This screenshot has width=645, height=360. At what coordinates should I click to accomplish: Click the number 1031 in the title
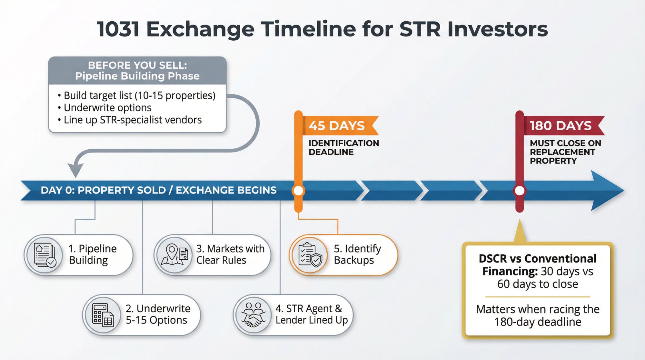coord(118,29)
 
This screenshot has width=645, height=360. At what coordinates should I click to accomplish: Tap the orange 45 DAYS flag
coord(337,125)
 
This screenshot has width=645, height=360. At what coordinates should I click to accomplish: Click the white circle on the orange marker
coord(298,191)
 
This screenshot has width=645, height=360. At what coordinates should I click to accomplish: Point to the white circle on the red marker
coord(520,191)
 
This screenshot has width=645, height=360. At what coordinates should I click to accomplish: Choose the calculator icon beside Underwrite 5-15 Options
coord(103,315)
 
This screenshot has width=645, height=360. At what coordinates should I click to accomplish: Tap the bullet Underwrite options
coord(107,108)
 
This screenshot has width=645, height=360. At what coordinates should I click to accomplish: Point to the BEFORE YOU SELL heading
coord(137,65)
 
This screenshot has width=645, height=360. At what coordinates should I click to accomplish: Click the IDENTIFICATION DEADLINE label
coord(343,147)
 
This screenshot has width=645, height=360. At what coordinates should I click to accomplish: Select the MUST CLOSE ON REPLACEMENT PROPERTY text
coord(565,152)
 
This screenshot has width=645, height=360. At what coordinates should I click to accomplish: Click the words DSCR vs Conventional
coord(537,259)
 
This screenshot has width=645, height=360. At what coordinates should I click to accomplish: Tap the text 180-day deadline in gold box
coord(538,322)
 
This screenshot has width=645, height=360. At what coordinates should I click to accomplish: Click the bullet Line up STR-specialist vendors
coord(132,120)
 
